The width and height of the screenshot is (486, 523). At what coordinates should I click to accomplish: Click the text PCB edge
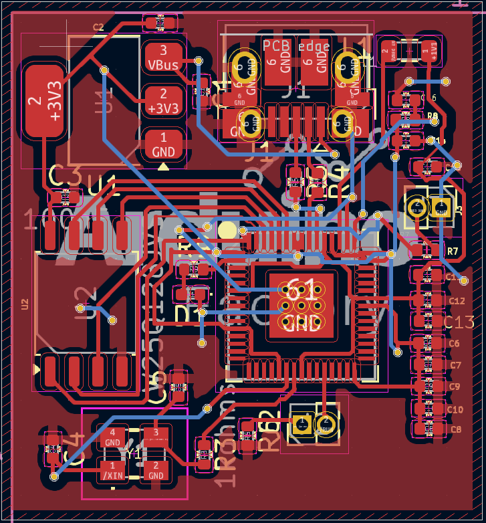point(295,45)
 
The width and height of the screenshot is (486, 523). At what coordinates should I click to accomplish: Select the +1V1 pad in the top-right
point(429,51)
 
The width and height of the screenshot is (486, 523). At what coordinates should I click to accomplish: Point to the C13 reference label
point(459,322)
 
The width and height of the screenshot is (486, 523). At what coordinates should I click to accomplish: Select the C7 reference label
point(455,365)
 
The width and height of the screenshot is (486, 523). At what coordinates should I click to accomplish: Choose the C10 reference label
point(455,409)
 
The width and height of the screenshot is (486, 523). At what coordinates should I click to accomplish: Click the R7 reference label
point(453,251)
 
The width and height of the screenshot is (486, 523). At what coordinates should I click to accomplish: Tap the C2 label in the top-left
point(98,27)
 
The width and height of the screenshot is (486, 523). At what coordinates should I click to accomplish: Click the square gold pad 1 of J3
point(441,205)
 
